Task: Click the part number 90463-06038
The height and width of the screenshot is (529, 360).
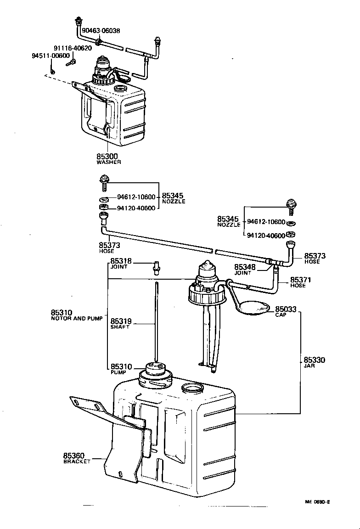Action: pos(101,31)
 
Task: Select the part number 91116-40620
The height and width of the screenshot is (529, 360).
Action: pos(73,48)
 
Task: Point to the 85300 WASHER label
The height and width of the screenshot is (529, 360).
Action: pos(108,159)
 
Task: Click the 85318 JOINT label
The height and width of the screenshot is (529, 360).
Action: pos(121,264)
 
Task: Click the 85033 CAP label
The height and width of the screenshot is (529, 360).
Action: pos(285,311)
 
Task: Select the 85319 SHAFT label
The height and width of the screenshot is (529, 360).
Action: pos(121,324)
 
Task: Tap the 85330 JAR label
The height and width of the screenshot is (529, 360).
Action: pos(314,363)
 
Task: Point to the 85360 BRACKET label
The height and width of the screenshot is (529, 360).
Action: pos(77,458)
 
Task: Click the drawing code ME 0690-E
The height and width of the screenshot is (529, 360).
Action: pos(317,502)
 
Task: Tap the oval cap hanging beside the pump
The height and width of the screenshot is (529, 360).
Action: pos(255,308)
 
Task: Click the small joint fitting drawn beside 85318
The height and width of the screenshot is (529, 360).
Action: pos(156,266)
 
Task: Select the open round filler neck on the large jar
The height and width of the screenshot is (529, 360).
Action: pos(192,388)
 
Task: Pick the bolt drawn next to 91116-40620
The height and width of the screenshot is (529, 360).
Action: pos(71,61)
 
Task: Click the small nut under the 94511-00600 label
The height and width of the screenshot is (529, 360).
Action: pos(52,72)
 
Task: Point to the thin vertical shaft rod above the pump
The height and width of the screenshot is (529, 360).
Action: pos(156,321)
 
